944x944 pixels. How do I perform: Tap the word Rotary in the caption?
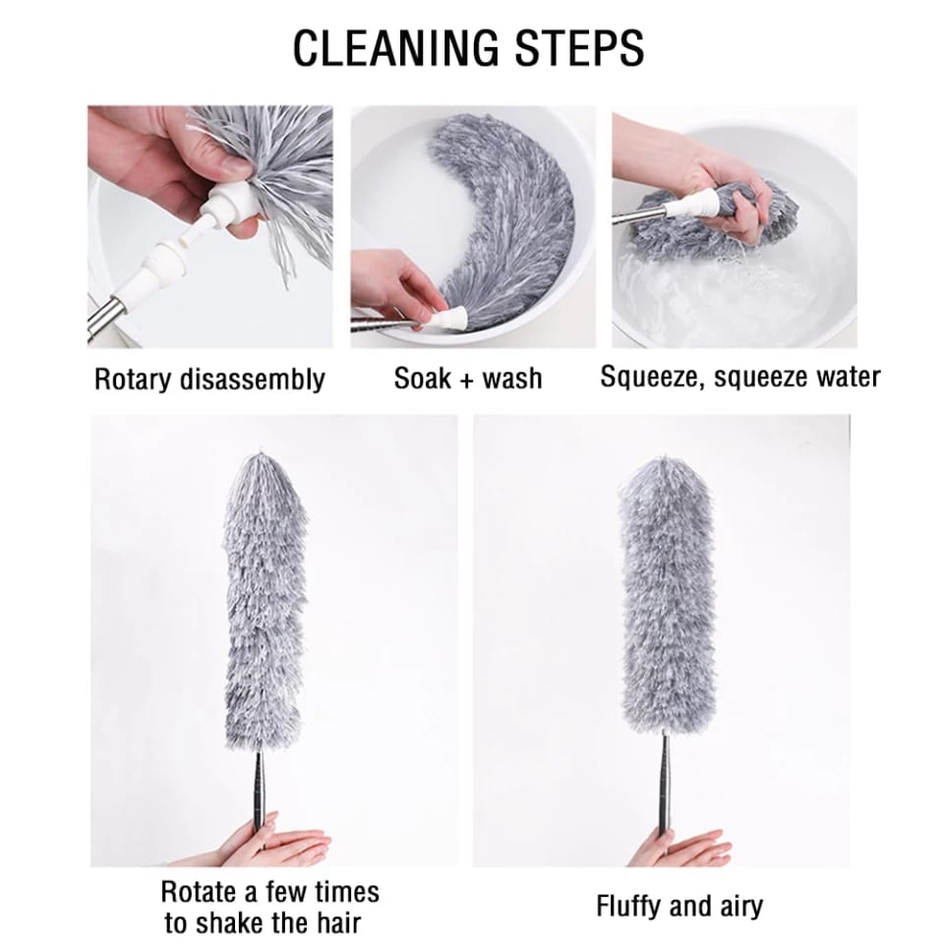tap(133, 380)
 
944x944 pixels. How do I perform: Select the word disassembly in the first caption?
tap(252, 380)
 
